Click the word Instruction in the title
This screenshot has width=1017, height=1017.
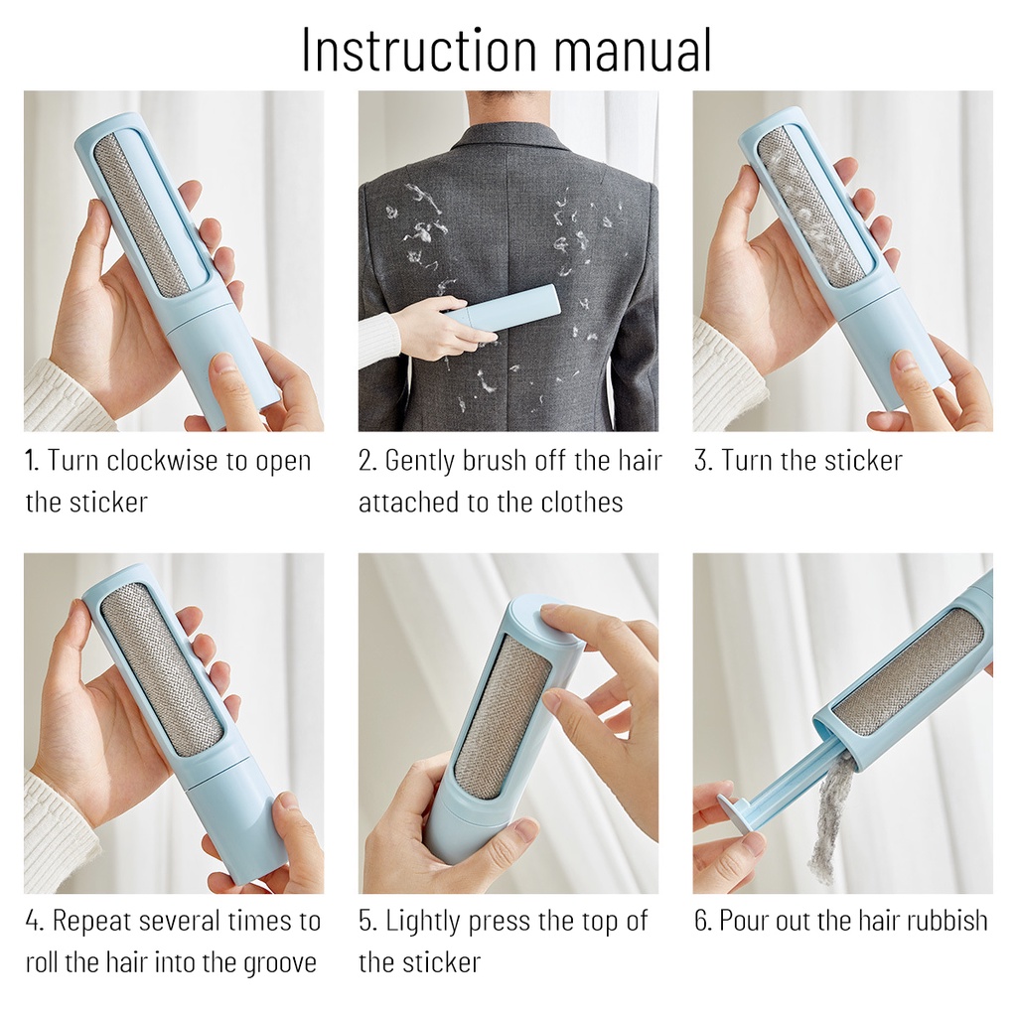click(419, 51)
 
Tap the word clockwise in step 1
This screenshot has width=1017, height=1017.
click(162, 461)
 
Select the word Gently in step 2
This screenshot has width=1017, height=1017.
click(423, 462)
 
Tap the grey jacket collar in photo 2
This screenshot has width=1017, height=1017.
click(508, 151)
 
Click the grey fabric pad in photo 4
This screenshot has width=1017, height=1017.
click(162, 668)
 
